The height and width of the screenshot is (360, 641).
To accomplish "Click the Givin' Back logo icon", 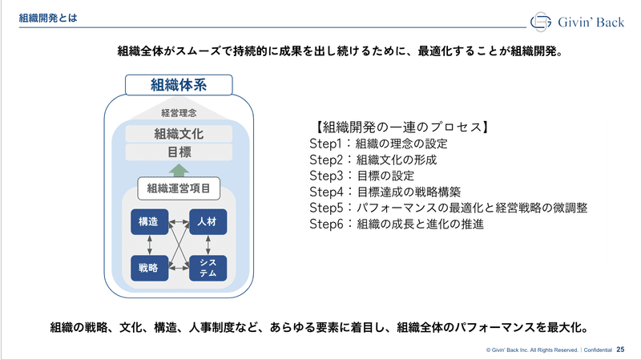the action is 540,22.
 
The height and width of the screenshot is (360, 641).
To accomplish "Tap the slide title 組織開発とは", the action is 48,18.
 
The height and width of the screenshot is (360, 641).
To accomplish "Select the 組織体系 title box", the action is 179,85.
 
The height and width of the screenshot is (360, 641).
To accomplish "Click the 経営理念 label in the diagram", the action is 179,113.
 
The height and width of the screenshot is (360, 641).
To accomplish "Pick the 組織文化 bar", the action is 179,134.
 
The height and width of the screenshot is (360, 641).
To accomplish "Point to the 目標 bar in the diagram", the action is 179,152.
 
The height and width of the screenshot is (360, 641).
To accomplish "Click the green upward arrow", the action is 179,170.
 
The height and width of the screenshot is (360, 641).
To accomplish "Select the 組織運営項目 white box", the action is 179,188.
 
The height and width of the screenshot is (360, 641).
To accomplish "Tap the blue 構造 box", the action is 149,222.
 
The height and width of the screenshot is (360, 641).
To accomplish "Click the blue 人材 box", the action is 208,222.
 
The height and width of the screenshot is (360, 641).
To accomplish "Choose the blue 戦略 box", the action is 149,268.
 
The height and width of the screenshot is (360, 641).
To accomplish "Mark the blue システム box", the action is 208,268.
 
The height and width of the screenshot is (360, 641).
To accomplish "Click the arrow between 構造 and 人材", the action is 179,222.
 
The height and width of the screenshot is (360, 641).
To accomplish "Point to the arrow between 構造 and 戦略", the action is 150,245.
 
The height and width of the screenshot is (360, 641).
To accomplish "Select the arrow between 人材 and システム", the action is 208,245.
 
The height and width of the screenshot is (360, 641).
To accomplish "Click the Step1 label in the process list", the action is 325,144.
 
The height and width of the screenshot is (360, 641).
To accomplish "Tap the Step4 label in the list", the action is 326,192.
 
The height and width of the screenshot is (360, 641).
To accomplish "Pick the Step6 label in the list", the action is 326,224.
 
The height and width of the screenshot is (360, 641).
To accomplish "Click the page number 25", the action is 620,350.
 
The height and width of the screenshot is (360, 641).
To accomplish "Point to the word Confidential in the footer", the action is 598,350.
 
